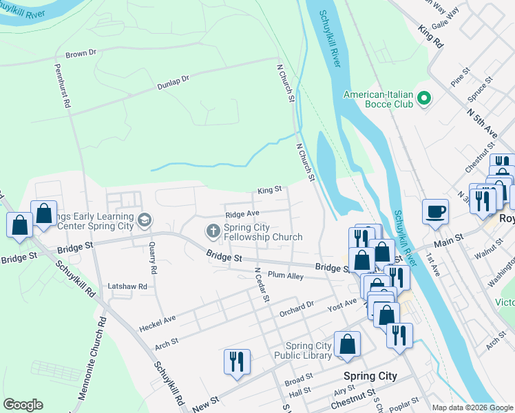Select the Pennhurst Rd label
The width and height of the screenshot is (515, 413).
[x=63, y=87]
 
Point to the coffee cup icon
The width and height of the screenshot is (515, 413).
[x=436, y=211]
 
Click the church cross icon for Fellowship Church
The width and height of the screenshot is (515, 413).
[x=213, y=231]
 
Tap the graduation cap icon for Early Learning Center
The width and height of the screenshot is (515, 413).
[x=144, y=220]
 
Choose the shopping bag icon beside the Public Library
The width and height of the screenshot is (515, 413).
[x=348, y=344]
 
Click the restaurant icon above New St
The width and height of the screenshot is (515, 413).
[x=237, y=361]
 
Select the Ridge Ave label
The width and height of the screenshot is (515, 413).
[x=242, y=214]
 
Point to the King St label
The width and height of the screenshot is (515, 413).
[x=270, y=189]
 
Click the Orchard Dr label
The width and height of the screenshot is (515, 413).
[x=296, y=308]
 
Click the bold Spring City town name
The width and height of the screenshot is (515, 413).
[x=370, y=376]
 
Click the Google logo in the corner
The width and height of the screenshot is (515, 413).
[x=23, y=405]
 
